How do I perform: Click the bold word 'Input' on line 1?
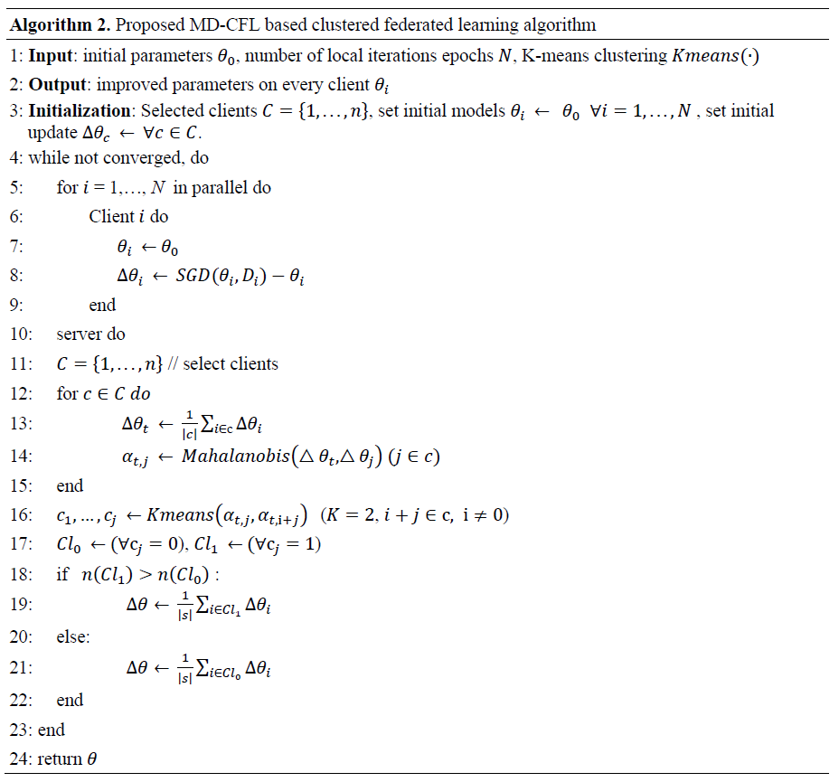coord(51,56)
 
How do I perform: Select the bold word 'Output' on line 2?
coord(57,84)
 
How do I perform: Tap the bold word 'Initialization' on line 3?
coord(80,111)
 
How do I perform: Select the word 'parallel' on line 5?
coord(221,188)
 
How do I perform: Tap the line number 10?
coord(20,334)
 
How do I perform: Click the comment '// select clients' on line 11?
coord(224,364)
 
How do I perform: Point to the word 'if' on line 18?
coord(61,574)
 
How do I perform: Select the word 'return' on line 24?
coord(60,759)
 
